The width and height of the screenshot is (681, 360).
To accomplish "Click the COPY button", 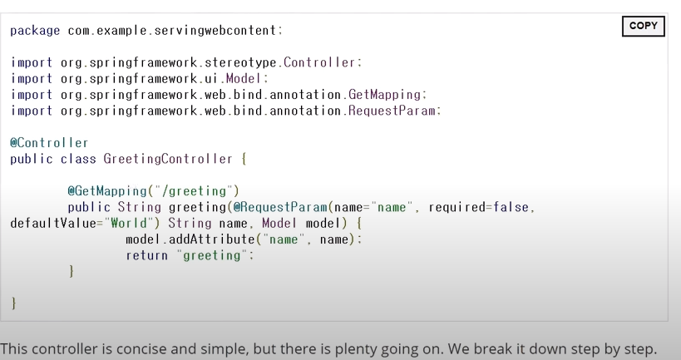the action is coord(644,26).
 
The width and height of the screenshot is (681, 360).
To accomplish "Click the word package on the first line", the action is coord(35,31).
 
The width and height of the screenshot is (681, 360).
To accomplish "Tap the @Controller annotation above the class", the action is coord(49,143).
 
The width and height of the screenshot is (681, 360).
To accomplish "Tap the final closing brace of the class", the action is coord(14,303).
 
